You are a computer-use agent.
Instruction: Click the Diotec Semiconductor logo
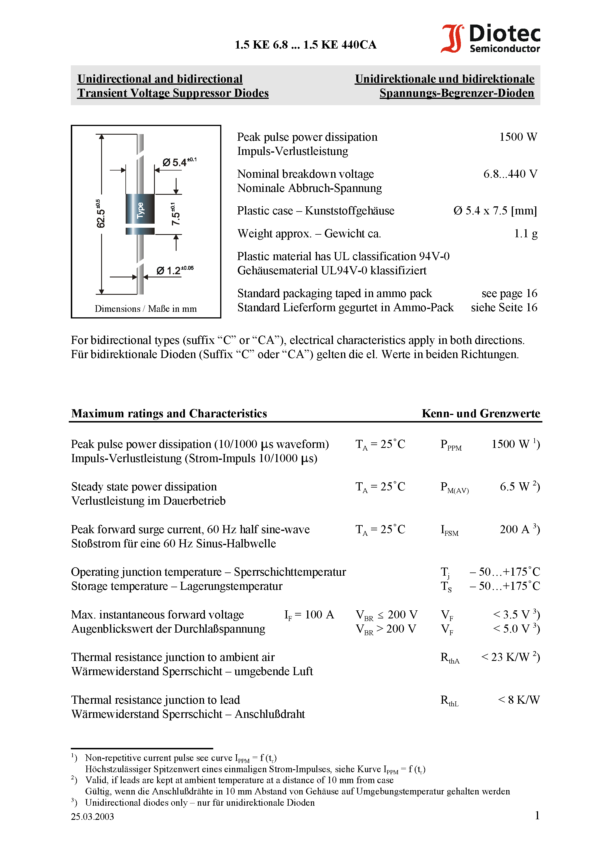[x=490, y=38]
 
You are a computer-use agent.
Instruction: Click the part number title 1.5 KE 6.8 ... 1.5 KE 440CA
[x=305, y=45]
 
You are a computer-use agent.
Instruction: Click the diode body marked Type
[x=140, y=209]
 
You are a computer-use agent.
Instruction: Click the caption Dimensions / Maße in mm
[x=146, y=309]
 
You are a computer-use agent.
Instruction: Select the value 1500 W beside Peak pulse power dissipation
[x=518, y=137]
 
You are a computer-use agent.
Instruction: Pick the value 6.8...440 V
[x=510, y=174]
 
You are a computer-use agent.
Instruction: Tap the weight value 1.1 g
[x=526, y=233]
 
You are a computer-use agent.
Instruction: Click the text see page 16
[x=509, y=293]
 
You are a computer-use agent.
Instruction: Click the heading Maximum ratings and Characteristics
[x=169, y=413]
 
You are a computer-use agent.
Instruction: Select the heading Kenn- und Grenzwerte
[x=481, y=413]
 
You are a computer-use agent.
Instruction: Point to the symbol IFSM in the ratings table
[x=449, y=530]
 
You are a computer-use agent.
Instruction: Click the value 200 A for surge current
[x=514, y=529]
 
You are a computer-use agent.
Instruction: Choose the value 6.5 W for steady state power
[x=514, y=487]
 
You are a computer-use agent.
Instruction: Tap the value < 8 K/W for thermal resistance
[x=519, y=700]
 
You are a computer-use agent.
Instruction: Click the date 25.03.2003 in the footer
[x=92, y=817]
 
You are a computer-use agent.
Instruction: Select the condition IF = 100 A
[x=309, y=615]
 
